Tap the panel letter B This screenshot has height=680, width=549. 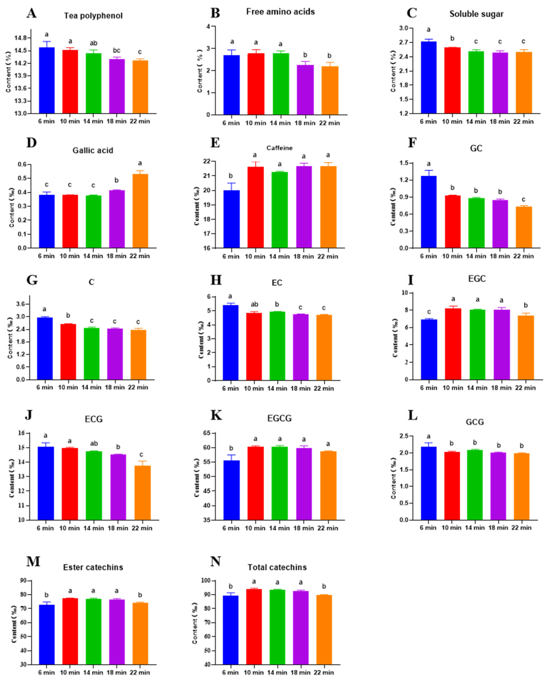pos(215,13)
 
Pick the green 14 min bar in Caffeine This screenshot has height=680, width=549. pos(280,210)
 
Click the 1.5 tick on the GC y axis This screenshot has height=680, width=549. pos(406,163)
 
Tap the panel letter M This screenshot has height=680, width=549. pos(33,561)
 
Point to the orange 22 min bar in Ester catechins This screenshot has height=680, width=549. pos(140,634)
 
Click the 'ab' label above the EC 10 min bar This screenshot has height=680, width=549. pos(254,305)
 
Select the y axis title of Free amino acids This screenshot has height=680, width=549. pos(200,71)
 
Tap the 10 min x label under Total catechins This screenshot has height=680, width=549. pos(254,673)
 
